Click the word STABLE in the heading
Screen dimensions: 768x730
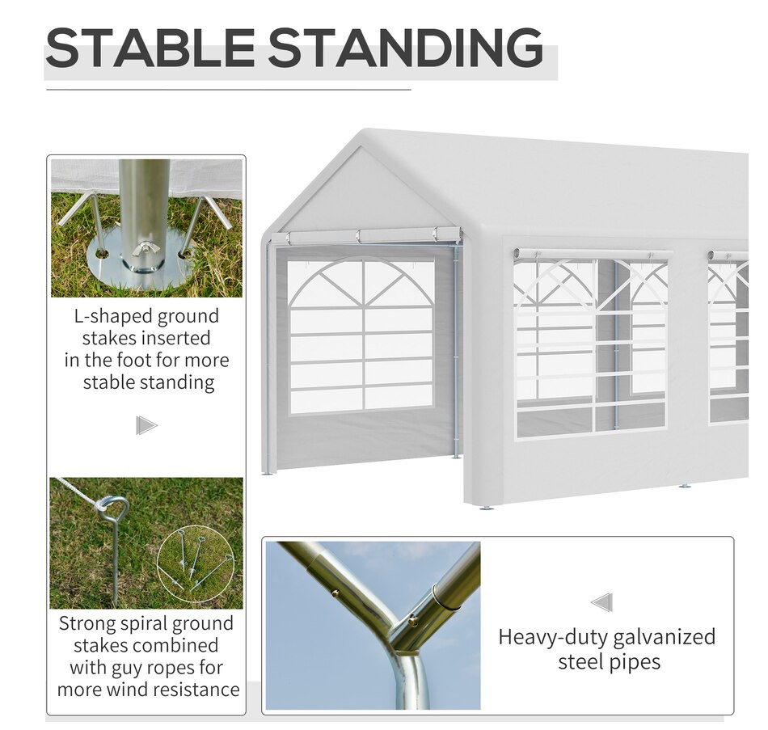coord(150,48)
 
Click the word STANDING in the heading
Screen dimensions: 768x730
coord(406,48)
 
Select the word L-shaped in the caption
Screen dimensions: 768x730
coord(108,317)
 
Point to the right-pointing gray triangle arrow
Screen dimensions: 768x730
coord(146,425)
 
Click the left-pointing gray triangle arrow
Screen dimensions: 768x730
coord(602,602)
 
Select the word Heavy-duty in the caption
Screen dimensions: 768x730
coord(553,637)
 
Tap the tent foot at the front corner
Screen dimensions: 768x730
coord(485,508)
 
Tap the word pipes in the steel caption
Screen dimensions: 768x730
coord(635,662)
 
